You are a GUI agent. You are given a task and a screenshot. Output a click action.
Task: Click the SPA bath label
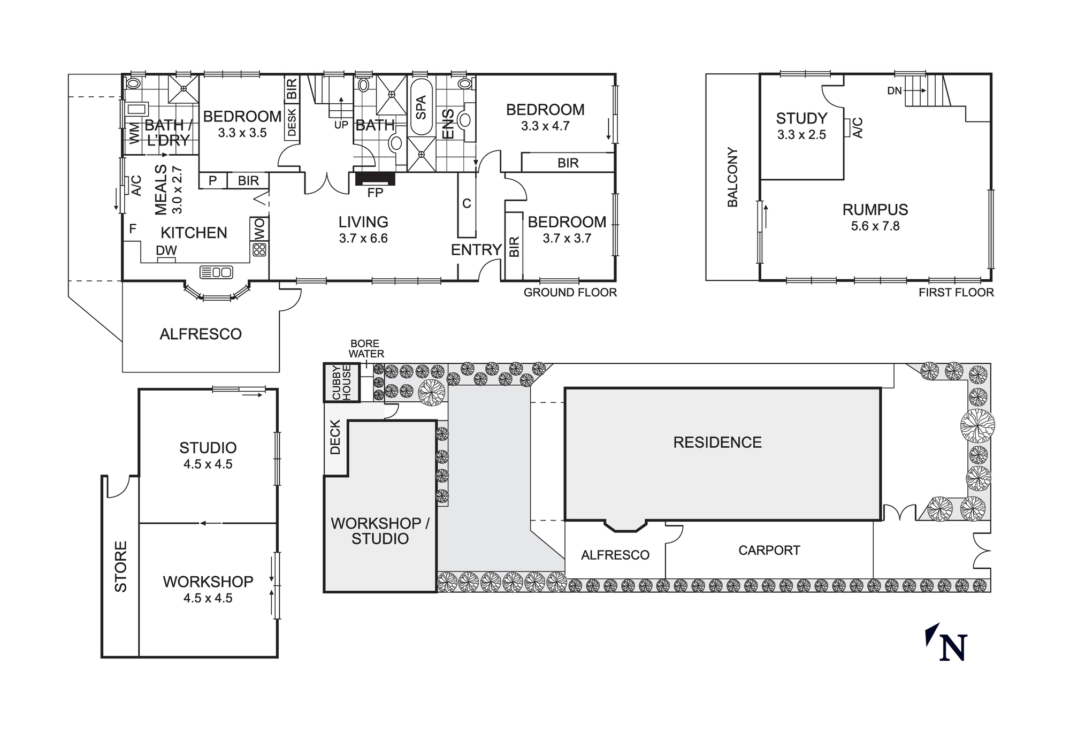(x=421, y=107)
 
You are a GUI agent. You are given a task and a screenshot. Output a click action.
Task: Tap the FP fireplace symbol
(x=375, y=179)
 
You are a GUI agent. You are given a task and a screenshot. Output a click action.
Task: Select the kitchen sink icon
(x=216, y=272)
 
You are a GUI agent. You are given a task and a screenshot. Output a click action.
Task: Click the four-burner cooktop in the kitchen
(x=259, y=249)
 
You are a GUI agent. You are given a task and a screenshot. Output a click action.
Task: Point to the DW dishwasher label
(x=166, y=250)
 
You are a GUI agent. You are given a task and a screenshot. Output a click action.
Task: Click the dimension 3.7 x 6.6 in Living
(x=363, y=239)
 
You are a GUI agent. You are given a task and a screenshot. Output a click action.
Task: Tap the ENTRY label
(x=476, y=250)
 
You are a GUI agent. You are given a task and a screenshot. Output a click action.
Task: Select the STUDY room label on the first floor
(x=801, y=118)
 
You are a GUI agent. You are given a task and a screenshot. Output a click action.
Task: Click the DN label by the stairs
(x=895, y=91)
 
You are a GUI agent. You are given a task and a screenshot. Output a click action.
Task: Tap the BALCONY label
(x=732, y=177)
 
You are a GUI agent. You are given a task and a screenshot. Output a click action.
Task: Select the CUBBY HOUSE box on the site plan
(x=341, y=383)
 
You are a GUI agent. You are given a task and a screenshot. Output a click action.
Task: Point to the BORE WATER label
(x=366, y=348)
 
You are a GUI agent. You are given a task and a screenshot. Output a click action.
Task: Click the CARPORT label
(x=769, y=551)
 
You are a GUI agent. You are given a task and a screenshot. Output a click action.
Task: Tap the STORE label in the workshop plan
(x=121, y=567)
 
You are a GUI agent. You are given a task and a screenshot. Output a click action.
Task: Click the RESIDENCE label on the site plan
(x=717, y=442)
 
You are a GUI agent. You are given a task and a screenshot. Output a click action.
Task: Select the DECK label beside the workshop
(x=335, y=437)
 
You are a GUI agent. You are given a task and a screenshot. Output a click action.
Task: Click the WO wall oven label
(x=259, y=229)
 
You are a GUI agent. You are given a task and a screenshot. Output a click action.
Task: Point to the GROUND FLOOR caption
(x=570, y=293)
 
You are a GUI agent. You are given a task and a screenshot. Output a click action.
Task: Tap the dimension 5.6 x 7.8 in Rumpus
(x=875, y=226)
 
